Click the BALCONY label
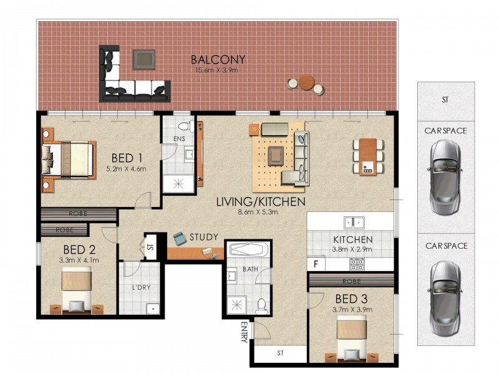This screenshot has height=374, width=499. [218, 60]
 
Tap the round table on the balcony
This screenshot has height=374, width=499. [306, 82]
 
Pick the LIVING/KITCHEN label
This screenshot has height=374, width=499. [260, 202]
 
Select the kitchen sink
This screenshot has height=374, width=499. [354, 222]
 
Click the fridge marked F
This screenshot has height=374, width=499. [316, 264]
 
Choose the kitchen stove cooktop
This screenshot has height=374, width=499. [357, 264]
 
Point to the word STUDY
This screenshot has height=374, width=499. [204, 237]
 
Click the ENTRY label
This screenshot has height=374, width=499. [245, 331]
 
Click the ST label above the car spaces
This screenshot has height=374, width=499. [445, 99]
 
